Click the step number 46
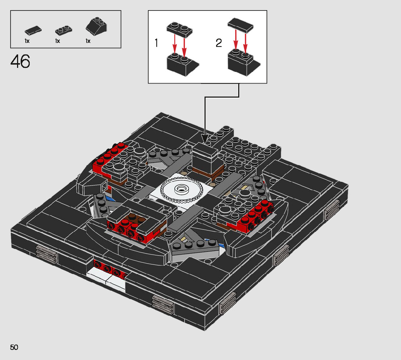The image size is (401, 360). click(x=20, y=62)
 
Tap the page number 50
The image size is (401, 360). click(x=14, y=347)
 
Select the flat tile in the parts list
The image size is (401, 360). click(x=33, y=30)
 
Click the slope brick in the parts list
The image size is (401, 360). click(x=96, y=27)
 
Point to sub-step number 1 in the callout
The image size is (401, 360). click(x=156, y=44)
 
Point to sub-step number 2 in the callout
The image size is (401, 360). click(x=218, y=44)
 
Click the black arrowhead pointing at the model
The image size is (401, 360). click(x=204, y=139)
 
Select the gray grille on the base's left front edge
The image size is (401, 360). click(x=46, y=253)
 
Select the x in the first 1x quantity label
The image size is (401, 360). click(x=28, y=41)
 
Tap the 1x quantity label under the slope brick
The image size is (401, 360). click(x=88, y=41)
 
